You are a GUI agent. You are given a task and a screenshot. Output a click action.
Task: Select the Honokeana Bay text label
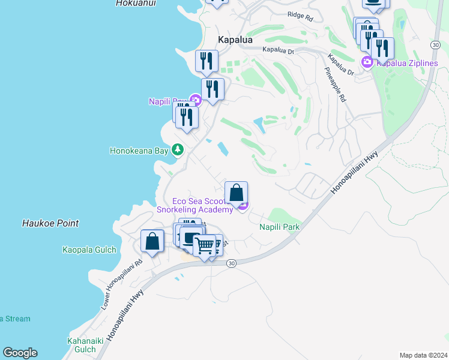coord(139,151)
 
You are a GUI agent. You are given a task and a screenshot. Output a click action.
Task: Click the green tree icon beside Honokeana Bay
coord(178,149)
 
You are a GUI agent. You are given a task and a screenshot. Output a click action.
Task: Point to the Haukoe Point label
coord(50,223)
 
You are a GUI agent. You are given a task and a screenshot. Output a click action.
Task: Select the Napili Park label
coord(279,227)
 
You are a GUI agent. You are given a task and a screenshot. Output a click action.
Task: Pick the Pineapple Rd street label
coord(336,85)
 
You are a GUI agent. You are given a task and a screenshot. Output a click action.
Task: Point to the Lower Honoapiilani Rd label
coord(122,284)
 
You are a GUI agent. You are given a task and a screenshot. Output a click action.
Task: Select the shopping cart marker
coord(205,245)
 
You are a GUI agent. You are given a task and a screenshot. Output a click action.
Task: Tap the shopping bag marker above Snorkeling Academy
coord(237,193)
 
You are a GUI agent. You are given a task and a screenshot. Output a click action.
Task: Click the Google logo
coord(20,353)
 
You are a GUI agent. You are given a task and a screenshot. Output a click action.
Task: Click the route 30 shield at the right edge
coord(436,45)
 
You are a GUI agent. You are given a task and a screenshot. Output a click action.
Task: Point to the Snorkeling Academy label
coord(194,209)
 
